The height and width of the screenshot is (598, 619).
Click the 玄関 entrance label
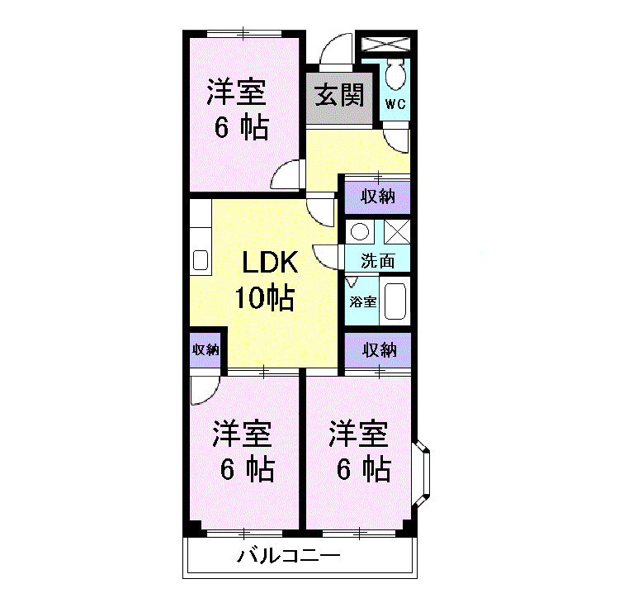tap(338, 96)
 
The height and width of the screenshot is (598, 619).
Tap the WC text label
tap(394, 104)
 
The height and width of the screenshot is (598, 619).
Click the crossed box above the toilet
tap(386, 43)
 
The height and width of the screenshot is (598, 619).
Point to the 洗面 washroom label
tap(377, 261)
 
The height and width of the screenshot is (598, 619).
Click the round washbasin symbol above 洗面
tap(359, 232)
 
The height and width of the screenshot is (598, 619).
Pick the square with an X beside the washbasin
tap(396, 232)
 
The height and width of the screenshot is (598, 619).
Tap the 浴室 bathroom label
tap(362, 301)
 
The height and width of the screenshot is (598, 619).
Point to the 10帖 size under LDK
tap(264, 297)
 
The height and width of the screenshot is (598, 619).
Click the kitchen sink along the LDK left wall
tap(201, 261)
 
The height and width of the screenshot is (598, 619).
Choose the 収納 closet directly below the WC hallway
tap(377, 197)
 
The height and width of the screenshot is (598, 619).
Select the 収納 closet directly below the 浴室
tap(377, 349)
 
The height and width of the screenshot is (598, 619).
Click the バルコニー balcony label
tap(288, 556)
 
